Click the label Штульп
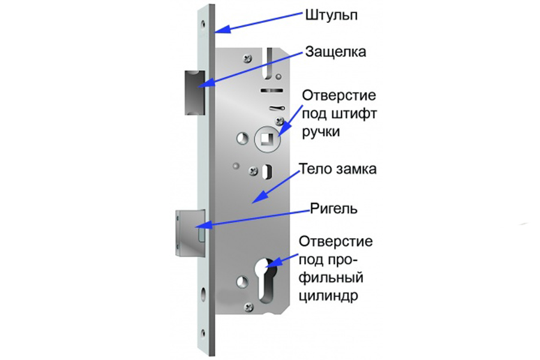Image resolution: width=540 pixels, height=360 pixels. tap(331, 16)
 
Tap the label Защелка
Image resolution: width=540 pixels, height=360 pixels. tap(335, 52)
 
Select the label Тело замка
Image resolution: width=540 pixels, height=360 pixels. tap(338, 169)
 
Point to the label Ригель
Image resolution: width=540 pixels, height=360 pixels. tap(334, 209)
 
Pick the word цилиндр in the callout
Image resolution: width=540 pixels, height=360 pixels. tap(328, 296)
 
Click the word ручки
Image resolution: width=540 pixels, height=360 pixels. tap(321, 132)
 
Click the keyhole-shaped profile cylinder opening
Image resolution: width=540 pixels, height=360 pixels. tap(267, 280)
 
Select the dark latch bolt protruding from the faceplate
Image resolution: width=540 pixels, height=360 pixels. tap(195, 92)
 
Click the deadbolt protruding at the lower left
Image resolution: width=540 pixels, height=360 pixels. tap(190, 233)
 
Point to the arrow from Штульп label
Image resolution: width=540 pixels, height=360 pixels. tap(258, 22)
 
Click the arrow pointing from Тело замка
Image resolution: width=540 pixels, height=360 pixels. tap(276, 187)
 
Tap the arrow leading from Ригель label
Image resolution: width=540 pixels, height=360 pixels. tap(252, 219)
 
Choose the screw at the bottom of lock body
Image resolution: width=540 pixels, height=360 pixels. tap(248, 307)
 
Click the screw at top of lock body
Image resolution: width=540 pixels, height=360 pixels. tap(248, 59)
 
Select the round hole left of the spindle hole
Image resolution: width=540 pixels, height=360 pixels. tap(242, 139)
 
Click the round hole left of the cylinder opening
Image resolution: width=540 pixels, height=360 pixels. tap(242, 282)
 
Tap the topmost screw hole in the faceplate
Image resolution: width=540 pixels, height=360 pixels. tap(203, 25)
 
